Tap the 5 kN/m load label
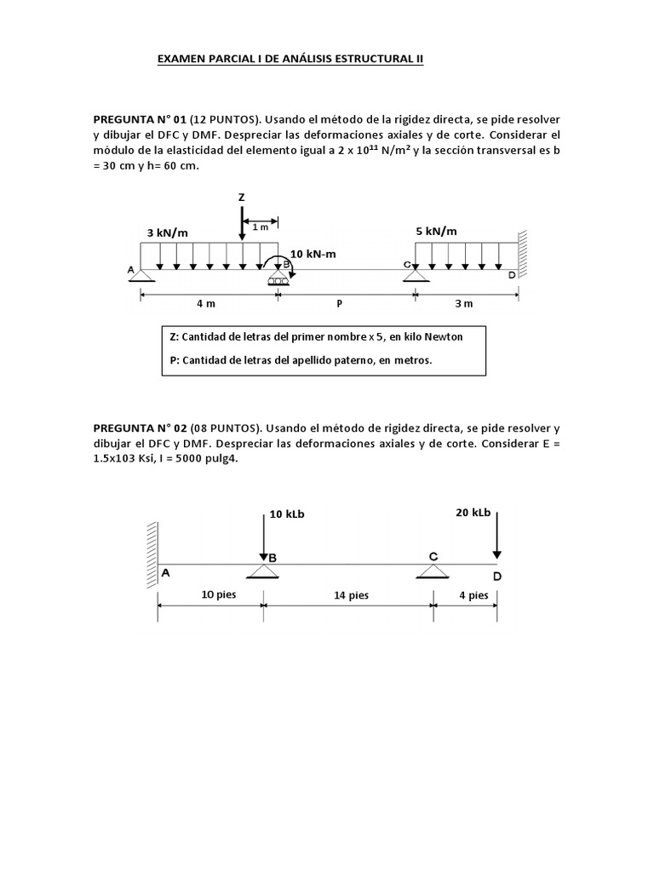tap(436, 231)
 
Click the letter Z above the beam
tap(241, 198)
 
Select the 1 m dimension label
tap(260, 227)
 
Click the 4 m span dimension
tap(206, 303)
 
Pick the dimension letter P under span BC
tap(340, 303)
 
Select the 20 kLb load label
tap(473, 512)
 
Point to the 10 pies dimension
tap(218, 594)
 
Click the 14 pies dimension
tap(352, 595)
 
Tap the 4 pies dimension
tap(473, 594)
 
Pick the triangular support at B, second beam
tap(264, 571)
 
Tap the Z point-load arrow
tap(242, 223)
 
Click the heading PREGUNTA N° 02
tap(140, 427)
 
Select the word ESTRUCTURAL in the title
tap(376, 59)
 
